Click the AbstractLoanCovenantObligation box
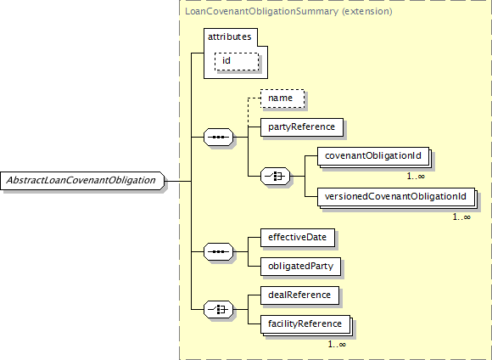coord(82,181)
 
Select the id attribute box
coord(237,61)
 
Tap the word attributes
coord(229,37)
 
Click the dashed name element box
coord(282,98)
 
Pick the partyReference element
coord(302,127)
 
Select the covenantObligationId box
coord(373,156)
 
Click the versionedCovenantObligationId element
coord(395,197)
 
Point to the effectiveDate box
coord(298,238)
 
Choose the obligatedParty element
coord(300,267)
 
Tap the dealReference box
coord(299,295)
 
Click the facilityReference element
coord(305,324)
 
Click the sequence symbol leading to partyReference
coord(218,138)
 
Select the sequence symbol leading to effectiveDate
coord(218,252)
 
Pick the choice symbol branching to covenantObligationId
coord(275,177)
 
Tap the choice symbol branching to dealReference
coord(218,310)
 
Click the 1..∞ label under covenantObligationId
coord(416,177)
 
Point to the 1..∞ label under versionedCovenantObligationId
coord(461,217)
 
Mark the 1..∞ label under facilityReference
coord(337,345)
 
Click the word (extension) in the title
coord(366,12)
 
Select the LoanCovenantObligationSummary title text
coord(261,12)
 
